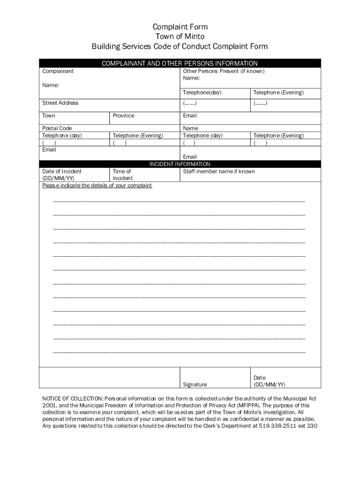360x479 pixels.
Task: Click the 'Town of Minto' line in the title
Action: (x=180, y=36)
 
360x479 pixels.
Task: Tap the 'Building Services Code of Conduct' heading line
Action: (x=180, y=46)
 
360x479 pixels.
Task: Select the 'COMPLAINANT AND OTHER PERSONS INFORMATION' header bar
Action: (x=180, y=63)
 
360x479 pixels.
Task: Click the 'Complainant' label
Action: (x=58, y=72)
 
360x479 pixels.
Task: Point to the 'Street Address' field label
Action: (x=60, y=103)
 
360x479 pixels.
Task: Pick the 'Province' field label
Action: (x=123, y=116)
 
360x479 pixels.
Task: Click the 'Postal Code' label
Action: (x=58, y=128)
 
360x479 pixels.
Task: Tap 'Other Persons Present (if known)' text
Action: (x=223, y=71)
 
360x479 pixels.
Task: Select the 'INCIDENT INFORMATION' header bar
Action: (x=180, y=164)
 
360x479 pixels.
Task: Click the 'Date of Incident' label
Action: (x=62, y=172)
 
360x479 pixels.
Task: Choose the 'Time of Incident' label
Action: (x=122, y=174)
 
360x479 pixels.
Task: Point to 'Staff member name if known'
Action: (x=219, y=172)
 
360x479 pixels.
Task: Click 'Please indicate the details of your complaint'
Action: (x=97, y=186)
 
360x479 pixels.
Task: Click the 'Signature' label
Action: (x=195, y=385)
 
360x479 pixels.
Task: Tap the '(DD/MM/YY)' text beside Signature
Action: (x=269, y=385)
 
